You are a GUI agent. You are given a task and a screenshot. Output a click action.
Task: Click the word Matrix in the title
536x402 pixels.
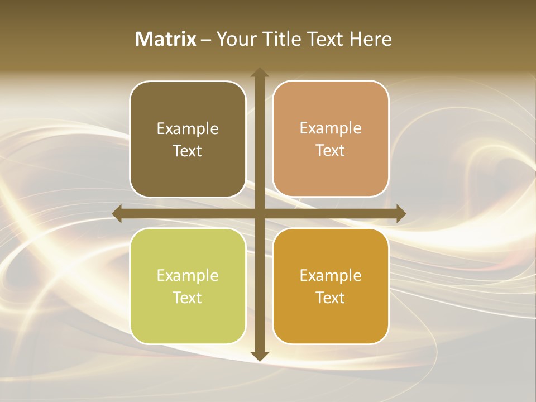[x=166, y=39]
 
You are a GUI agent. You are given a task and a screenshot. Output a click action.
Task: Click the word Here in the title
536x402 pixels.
[x=371, y=39]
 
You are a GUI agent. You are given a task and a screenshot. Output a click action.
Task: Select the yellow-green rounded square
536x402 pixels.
[x=188, y=324]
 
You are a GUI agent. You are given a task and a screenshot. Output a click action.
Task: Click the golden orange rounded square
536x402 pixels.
[x=331, y=324]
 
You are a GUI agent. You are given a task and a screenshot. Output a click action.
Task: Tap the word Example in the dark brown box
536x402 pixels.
[x=188, y=129]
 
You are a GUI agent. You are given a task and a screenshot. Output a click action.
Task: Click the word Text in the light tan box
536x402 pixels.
[x=331, y=151]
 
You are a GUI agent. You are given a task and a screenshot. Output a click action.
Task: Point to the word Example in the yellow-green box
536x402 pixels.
[x=188, y=276]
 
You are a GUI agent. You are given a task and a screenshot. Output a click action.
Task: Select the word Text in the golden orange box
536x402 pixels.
[x=331, y=298]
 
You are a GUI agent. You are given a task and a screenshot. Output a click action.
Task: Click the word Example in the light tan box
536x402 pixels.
[x=331, y=128]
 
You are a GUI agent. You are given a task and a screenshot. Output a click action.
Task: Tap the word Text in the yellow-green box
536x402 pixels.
[x=188, y=298]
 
